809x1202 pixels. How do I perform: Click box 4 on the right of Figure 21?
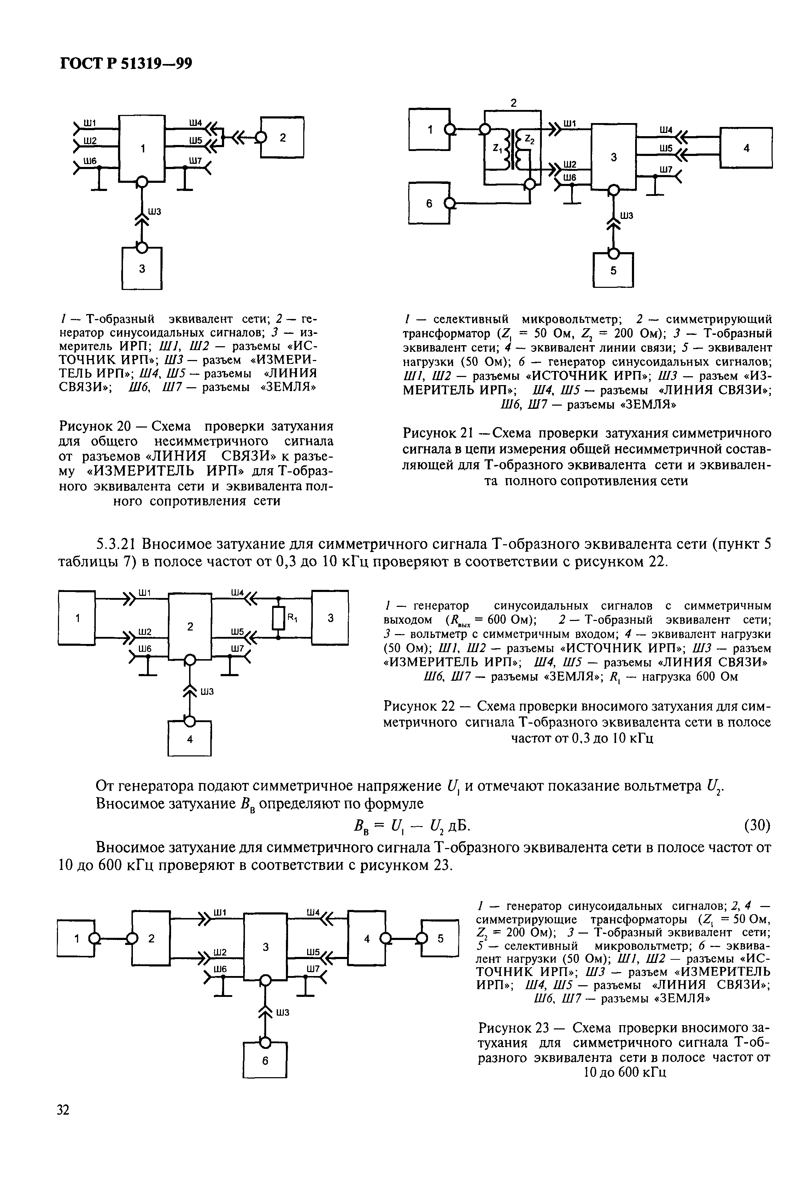(x=746, y=147)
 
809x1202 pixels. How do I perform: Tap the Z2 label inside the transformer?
(x=530, y=138)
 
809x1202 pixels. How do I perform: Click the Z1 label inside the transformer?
(x=496, y=149)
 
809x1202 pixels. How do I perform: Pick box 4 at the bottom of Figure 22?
(x=190, y=739)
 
